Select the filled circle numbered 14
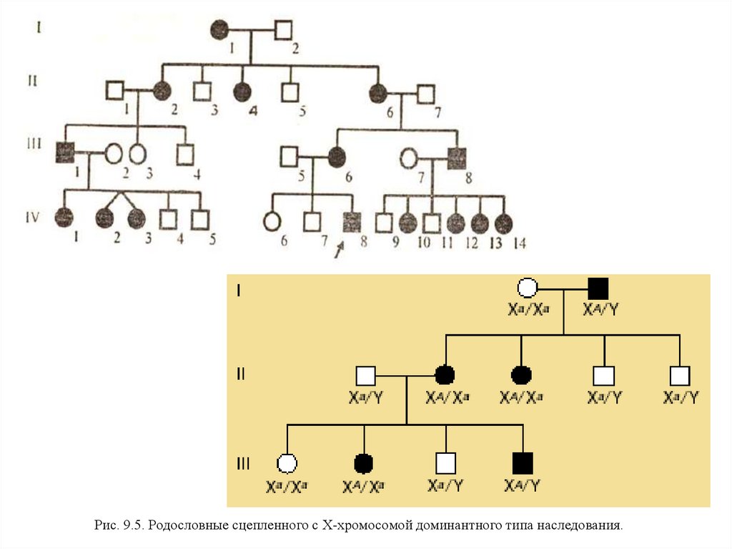click(x=504, y=223)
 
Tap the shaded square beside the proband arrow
click(x=351, y=223)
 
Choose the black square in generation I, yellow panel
click(x=598, y=289)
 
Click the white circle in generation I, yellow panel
click(x=527, y=289)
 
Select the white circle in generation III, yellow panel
click(x=287, y=464)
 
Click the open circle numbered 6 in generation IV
click(x=272, y=221)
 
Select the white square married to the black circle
click(x=365, y=376)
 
